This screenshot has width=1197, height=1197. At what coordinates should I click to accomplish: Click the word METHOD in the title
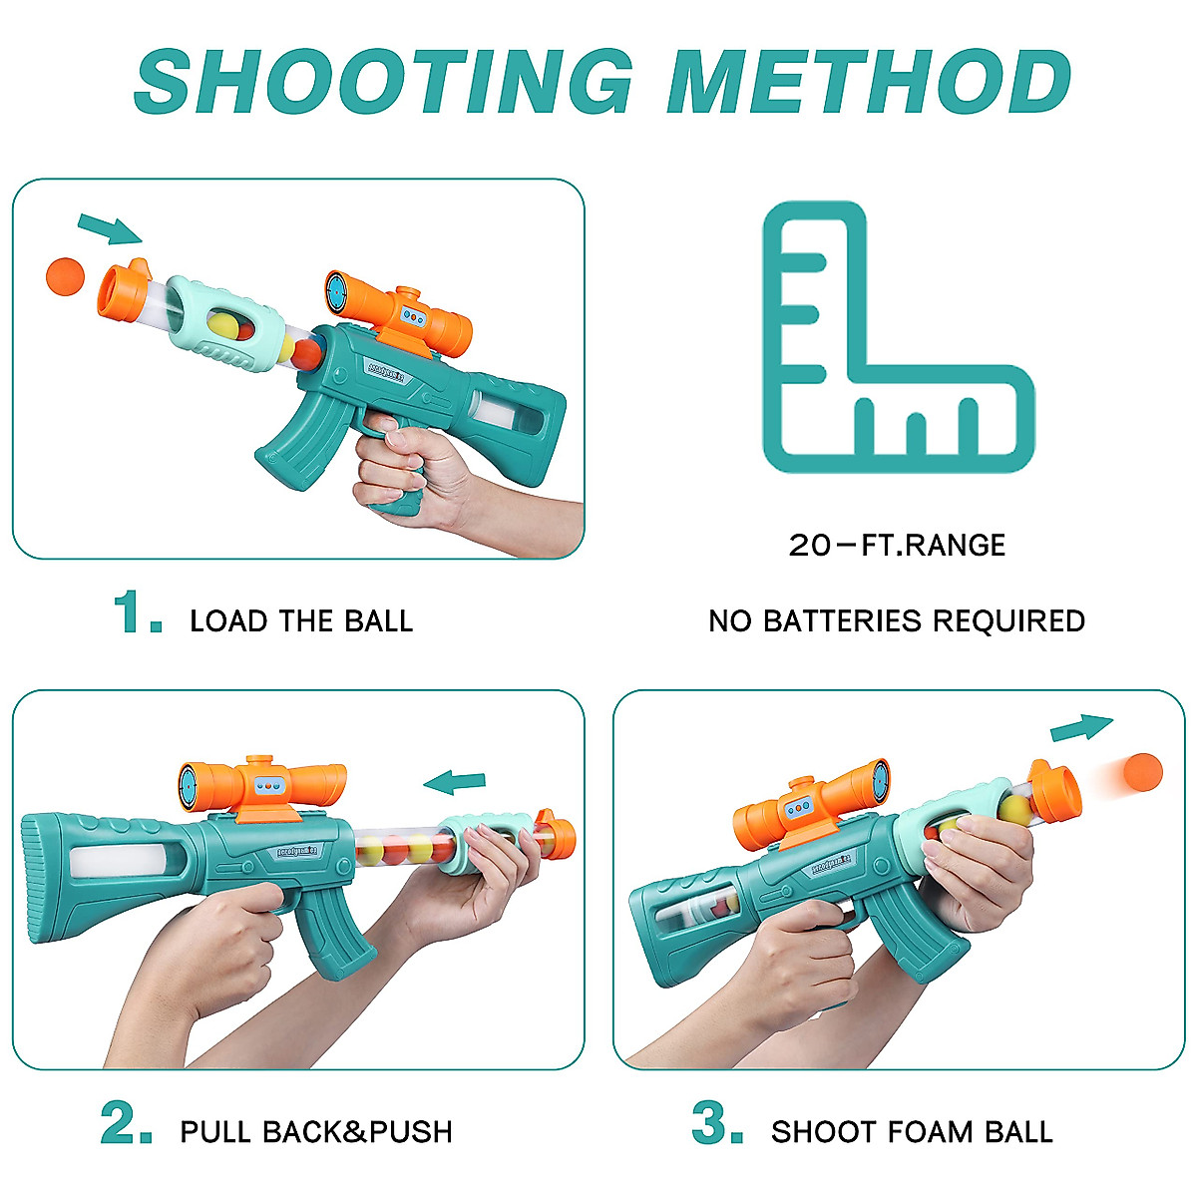tap(870, 82)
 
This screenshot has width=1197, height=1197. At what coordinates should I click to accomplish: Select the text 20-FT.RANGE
tap(897, 545)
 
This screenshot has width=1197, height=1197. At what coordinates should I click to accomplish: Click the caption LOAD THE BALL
tap(301, 620)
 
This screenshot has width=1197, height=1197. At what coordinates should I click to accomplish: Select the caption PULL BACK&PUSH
tap(316, 1131)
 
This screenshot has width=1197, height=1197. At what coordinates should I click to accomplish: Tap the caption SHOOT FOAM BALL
tap(912, 1131)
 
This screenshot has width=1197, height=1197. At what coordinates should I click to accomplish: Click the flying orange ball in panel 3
tap(1143, 772)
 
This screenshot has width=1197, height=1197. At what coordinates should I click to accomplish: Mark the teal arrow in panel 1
tap(110, 228)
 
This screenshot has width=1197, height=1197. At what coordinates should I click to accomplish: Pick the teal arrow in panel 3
tap(1081, 727)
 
